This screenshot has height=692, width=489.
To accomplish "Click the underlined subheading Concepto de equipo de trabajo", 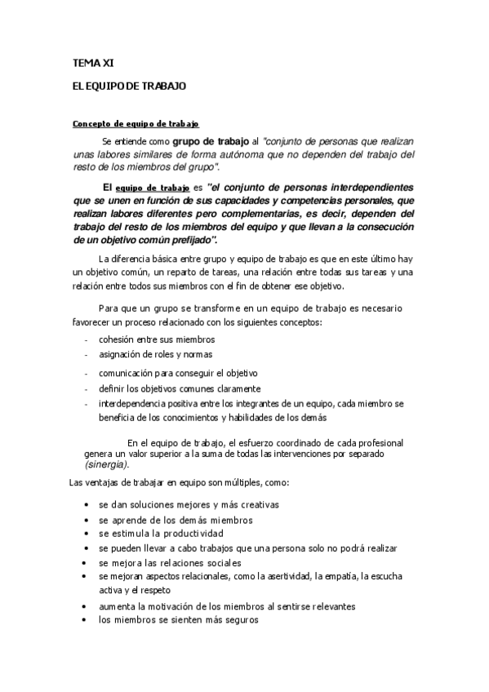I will point(136,124).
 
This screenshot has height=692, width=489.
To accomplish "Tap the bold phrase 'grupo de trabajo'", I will point(205,140).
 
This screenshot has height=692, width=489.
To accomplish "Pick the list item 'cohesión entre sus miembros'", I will point(156,339).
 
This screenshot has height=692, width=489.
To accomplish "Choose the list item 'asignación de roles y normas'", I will point(155,355).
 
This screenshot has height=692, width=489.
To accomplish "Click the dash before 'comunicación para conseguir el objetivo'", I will point(86,373).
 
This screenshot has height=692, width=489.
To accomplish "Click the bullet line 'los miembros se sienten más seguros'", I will point(178,619).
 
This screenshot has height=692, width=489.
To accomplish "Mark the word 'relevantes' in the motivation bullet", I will point(331,606).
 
